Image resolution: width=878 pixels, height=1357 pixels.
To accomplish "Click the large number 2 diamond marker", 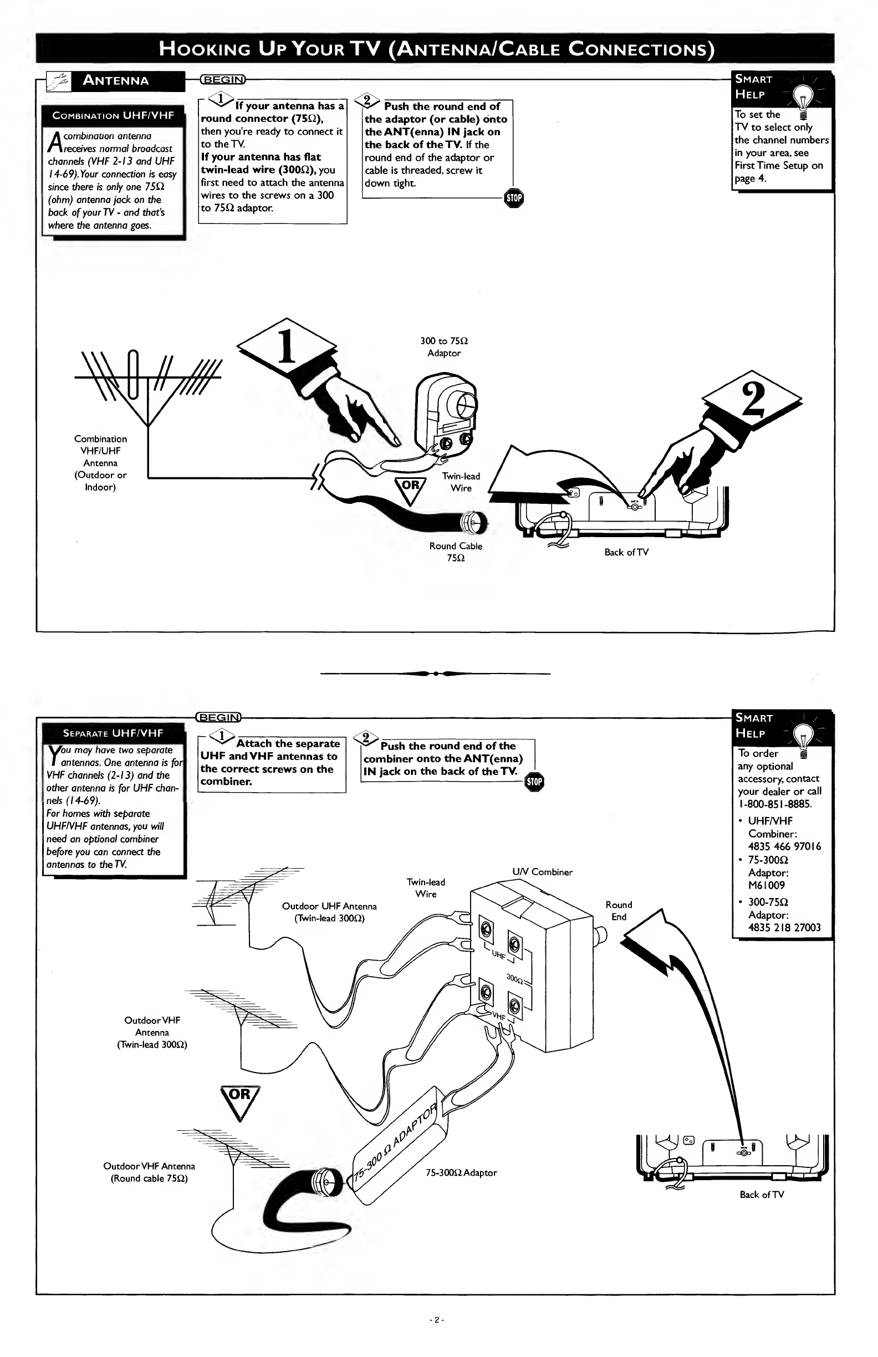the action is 752,397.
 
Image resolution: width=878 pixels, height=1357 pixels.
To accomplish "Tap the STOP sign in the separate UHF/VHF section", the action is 535,782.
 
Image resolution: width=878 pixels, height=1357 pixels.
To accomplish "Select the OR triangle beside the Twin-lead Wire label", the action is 411,490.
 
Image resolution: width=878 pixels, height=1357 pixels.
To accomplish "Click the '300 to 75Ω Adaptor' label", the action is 444,347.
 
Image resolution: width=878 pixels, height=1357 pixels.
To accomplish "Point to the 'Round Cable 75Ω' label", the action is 456,552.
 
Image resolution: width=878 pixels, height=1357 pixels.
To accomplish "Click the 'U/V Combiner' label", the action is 542,872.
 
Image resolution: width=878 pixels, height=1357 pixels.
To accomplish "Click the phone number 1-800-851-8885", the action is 775,804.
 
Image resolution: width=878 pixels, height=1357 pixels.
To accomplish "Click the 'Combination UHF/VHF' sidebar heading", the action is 114,115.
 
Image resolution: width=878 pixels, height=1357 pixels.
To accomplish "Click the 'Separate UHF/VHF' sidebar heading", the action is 113,733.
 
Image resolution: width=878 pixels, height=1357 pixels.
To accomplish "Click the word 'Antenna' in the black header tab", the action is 116,80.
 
